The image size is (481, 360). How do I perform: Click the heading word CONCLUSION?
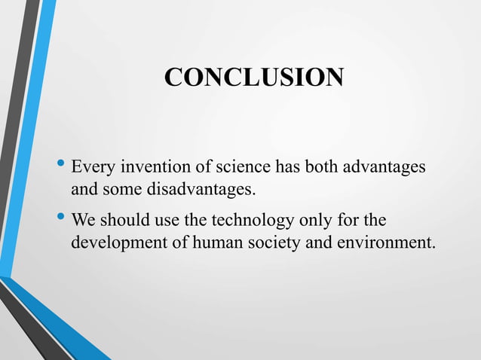pyautogui.click(x=254, y=78)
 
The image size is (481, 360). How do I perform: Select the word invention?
pyautogui.click(x=146, y=166)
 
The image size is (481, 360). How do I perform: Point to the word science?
pyautogui.click(x=225, y=166)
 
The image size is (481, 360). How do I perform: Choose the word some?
pyautogui.click(x=118, y=188)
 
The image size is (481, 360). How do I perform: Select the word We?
pyautogui.click(x=84, y=222)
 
